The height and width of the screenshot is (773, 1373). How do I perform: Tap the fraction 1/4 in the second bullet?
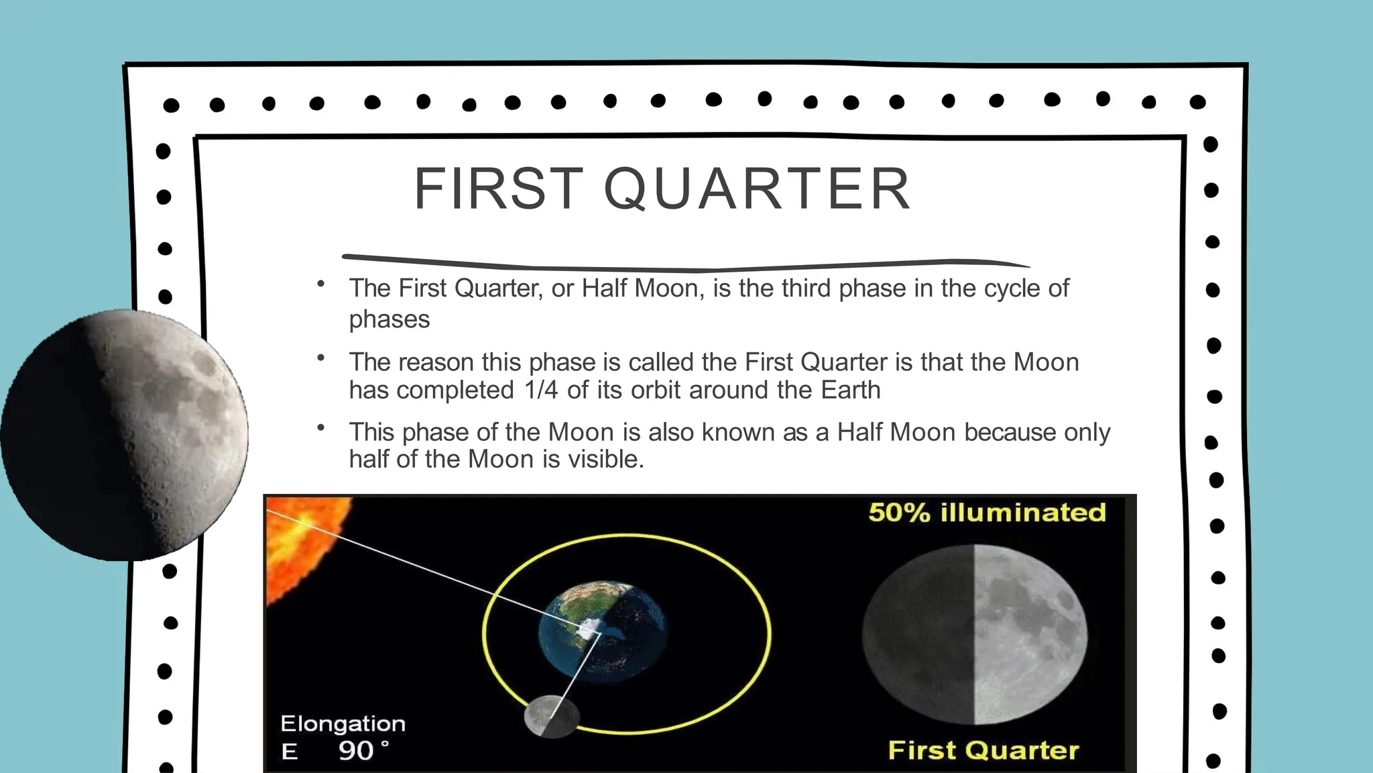542,390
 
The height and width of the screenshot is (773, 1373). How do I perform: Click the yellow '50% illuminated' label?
987,513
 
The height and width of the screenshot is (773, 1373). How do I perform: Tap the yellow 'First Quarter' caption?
983,750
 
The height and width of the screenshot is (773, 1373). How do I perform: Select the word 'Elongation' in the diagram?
343,723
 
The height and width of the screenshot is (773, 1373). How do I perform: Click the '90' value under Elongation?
356,750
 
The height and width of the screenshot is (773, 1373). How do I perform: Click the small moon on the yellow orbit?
551,717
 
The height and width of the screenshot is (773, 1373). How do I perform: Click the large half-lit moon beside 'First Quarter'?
974,634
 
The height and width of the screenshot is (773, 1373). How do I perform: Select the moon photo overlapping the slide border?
124,435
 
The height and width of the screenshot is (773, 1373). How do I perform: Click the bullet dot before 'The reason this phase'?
321,358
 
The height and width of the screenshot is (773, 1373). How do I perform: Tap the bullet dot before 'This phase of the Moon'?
321,427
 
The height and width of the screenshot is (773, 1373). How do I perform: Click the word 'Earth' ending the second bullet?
851,390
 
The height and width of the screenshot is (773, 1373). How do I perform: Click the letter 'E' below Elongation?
290,752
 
